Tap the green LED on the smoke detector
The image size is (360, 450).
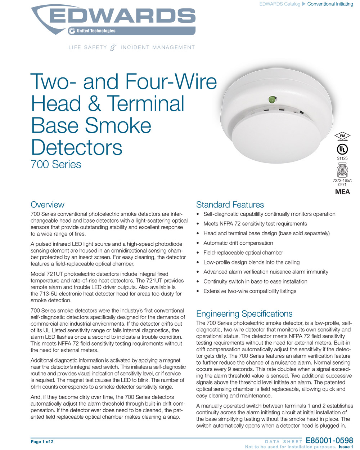click(271, 98)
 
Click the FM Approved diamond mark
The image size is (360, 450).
click(342, 137)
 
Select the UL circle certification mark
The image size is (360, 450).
click(342, 149)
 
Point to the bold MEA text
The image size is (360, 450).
click(342, 192)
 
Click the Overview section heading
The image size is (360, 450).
click(48, 205)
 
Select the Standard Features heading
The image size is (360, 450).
click(230, 205)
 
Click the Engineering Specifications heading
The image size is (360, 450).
click(244, 313)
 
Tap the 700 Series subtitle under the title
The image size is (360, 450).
click(56, 164)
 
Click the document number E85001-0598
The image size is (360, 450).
click(329, 441)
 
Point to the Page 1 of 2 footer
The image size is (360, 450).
click(42, 442)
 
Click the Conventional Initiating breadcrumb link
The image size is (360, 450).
click(330, 4)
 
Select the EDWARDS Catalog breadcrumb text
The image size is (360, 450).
click(280, 4)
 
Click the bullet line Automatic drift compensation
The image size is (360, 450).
click(238, 243)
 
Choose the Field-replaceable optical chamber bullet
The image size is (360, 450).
click(243, 253)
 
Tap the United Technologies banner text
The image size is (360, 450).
click(96, 31)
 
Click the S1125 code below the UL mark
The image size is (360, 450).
click(342, 158)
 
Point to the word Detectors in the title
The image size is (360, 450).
click(77, 147)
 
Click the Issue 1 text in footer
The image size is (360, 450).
click(346, 447)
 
